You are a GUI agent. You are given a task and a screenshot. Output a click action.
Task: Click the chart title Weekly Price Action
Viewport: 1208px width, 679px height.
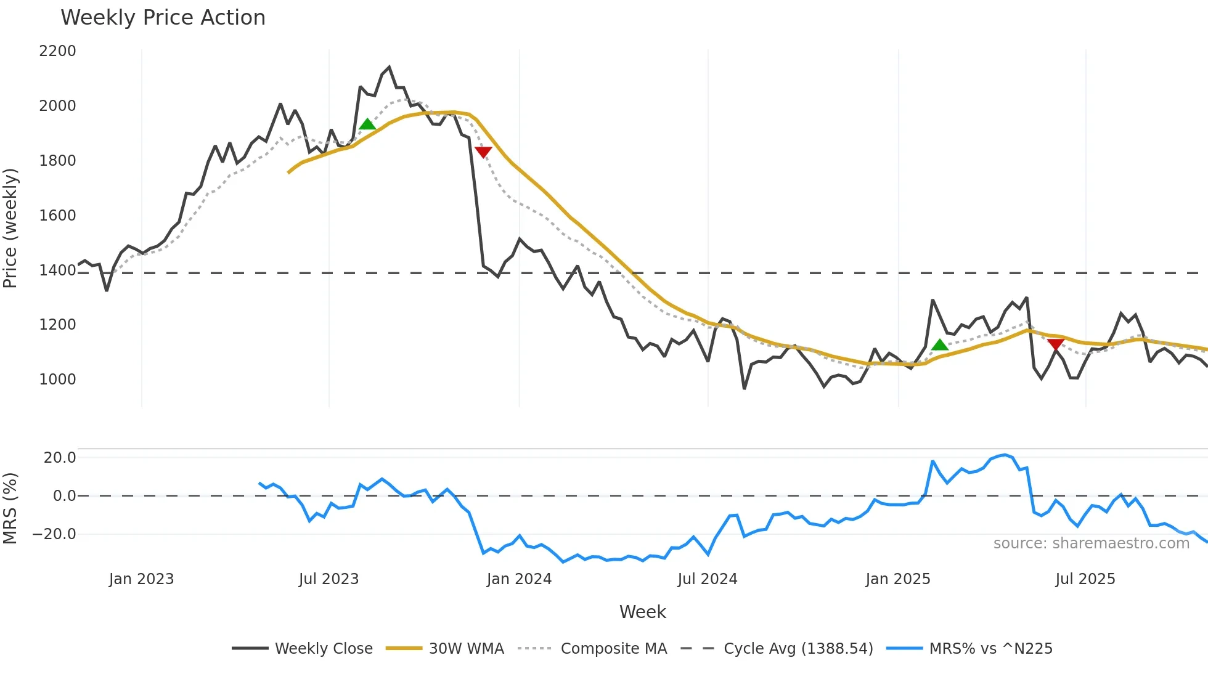pos(163,18)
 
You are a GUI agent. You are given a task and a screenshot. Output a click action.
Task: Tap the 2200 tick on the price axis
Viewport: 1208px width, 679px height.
pos(57,51)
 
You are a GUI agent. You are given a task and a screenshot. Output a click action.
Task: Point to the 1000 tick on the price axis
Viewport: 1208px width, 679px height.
pos(57,380)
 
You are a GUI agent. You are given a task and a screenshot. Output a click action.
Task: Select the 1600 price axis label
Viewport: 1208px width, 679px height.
pos(57,216)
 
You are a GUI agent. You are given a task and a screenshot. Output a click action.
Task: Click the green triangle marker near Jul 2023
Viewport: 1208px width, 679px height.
pos(367,124)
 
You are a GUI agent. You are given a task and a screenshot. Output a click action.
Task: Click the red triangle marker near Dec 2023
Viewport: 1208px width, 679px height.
pos(483,152)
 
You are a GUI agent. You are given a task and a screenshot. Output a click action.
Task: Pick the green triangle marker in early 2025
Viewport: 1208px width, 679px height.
pos(939,345)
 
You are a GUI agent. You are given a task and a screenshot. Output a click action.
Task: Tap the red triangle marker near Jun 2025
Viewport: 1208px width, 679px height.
pos(1055,344)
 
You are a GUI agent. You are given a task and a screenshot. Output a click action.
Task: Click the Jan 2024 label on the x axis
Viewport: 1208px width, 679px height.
pos(519,579)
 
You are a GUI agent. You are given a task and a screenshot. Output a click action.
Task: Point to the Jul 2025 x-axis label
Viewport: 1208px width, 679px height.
pos(1085,579)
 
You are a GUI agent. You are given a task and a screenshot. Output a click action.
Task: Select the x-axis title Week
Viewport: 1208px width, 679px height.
pos(642,612)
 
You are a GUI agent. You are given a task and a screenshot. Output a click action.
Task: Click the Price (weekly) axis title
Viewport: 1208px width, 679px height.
pos(10,228)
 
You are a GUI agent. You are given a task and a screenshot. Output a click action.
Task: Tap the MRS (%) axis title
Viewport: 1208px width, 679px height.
pos(10,508)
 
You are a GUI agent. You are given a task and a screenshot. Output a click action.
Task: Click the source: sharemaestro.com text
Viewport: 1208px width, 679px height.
pos(1091,543)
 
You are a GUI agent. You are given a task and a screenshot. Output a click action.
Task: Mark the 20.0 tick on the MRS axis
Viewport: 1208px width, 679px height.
pos(60,458)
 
